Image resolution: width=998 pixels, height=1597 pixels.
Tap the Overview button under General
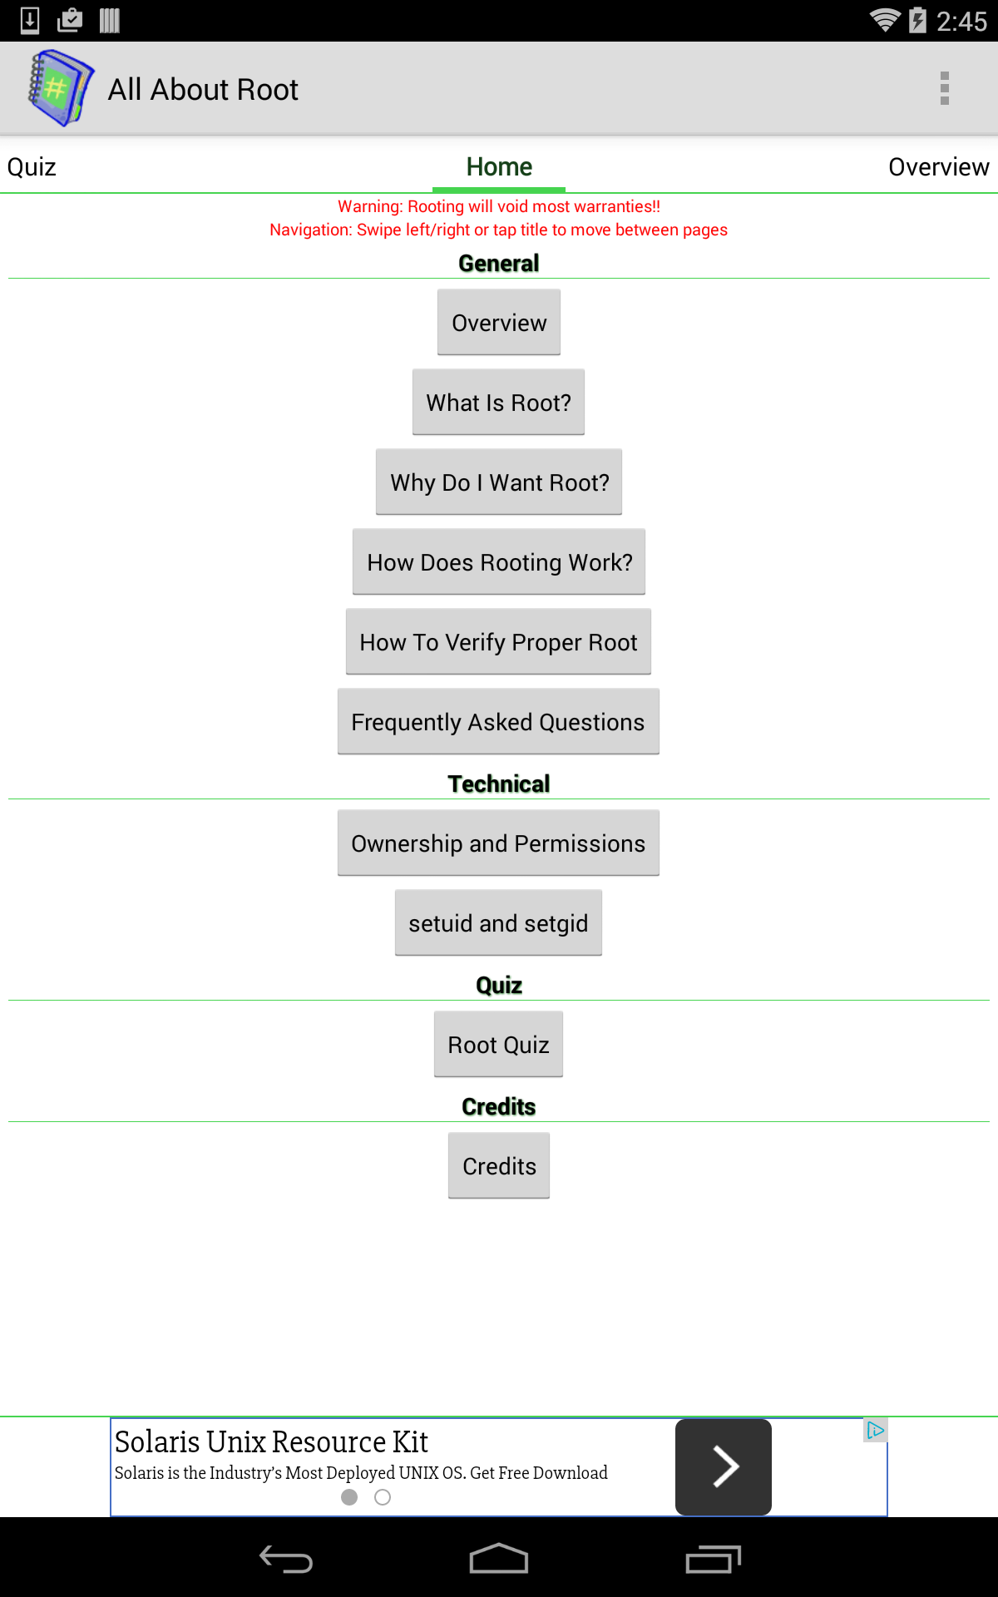pos(499,322)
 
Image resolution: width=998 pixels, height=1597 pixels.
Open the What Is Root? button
pos(499,402)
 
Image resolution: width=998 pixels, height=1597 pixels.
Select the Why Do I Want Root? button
pos(499,482)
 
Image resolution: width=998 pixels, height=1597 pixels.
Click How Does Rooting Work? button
pos(499,561)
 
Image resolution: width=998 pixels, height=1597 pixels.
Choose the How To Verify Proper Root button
pos(499,641)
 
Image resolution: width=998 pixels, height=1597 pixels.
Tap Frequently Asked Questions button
pos(499,721)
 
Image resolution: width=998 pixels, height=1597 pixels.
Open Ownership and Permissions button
pos(499,843)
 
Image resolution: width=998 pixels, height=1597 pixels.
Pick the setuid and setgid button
pos(499,922)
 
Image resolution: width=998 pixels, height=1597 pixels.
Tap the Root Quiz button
pos(499,1044)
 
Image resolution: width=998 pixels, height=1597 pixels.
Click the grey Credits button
pos(499,1165)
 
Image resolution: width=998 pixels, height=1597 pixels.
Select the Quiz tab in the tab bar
pos(32,167)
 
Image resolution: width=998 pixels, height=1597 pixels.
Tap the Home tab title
pos(499,167)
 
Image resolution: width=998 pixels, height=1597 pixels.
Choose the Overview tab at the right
pos(939,167)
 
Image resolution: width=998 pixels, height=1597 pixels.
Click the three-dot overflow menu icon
pos(945,88)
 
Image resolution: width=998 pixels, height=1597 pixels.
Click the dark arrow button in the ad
pos(724,1466)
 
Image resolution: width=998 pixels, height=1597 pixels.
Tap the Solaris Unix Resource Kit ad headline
pos(271,1441)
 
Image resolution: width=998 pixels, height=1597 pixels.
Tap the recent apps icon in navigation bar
pos(713,1559)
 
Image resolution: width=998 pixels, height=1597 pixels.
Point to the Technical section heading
pos(499,784)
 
